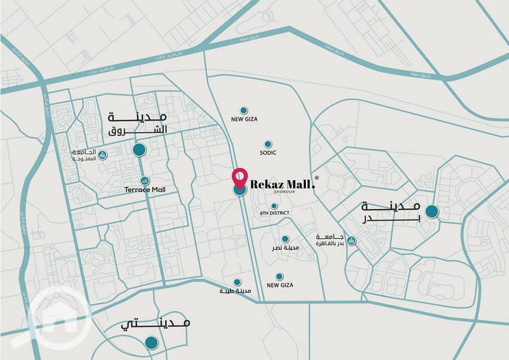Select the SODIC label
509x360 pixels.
(268, 154)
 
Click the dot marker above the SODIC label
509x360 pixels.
(268, 144)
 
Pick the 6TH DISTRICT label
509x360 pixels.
(275, 214)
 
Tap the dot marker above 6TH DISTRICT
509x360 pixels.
(274, 206)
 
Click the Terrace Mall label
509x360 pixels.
(144, 190)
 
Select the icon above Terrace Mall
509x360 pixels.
(144, 181)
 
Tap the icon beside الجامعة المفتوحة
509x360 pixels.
(103, 156)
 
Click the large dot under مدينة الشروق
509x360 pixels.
(139, 150)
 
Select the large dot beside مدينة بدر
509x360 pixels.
(431, 211)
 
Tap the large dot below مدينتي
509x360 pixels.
(151, 343)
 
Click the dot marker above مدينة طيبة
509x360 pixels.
(237, 282)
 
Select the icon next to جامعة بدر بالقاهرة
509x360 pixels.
(352, 241)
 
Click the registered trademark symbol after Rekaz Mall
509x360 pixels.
(317, 178)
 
